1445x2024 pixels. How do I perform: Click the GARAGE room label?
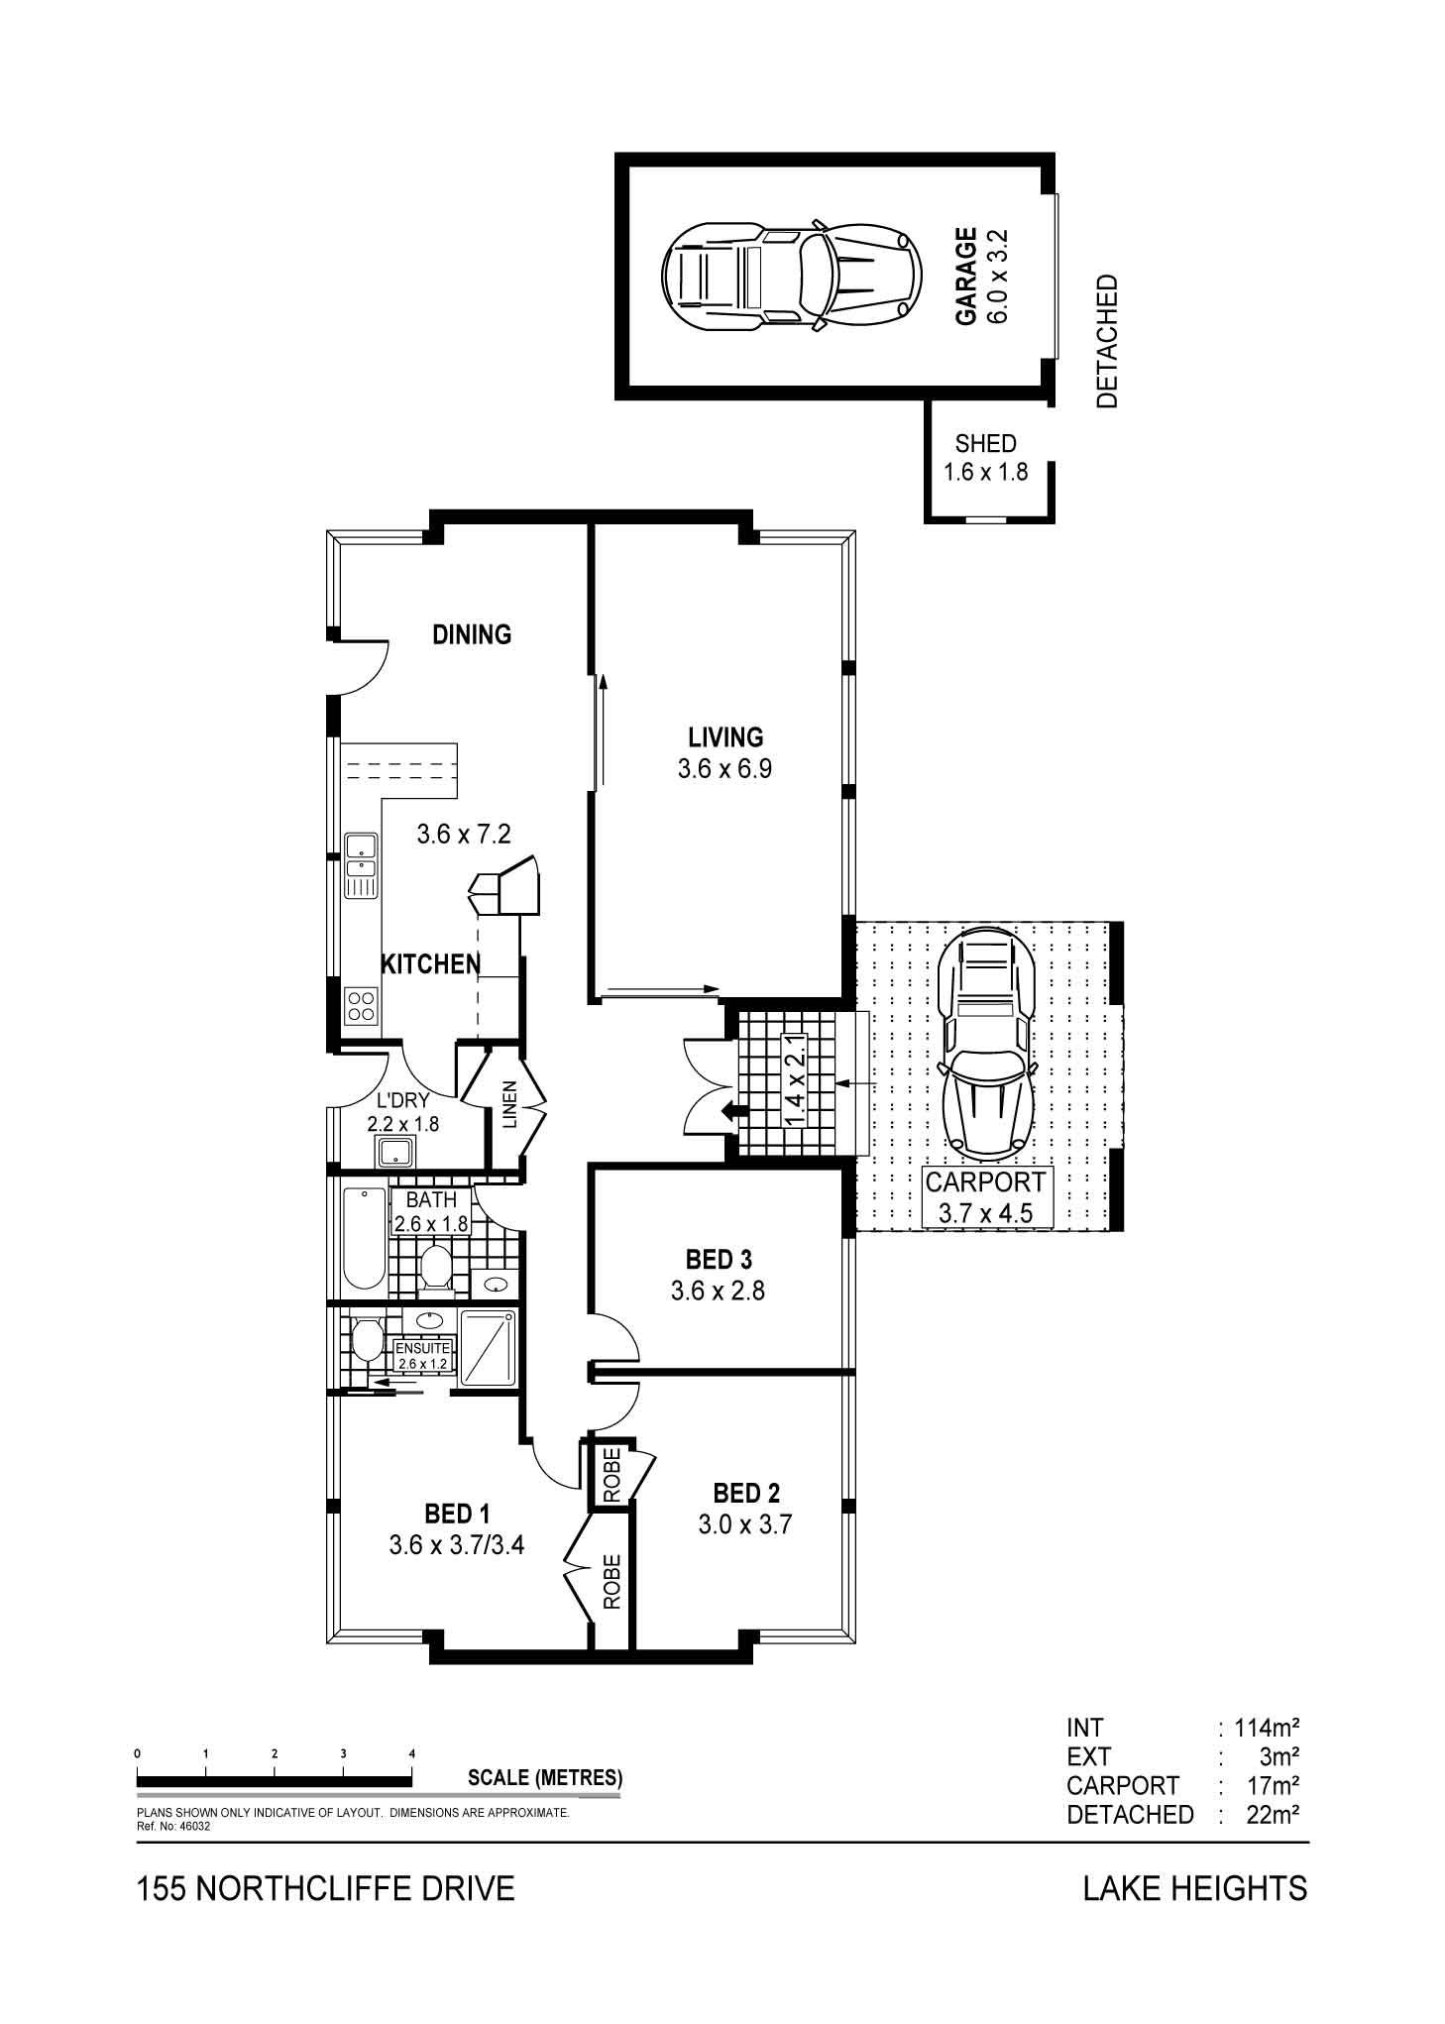pos(965,277)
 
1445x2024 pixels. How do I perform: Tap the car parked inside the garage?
pos(792,275)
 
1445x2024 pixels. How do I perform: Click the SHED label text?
pos(985,444)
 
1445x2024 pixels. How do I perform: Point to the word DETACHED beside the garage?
pos(1107,341)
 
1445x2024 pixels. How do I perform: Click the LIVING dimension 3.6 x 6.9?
pos(725,768)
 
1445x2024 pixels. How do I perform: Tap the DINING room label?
pos(472,633)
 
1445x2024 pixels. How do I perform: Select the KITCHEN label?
pos(431,962)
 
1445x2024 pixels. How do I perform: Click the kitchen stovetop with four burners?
pos(361,1006)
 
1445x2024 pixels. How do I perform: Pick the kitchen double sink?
pos(362,865)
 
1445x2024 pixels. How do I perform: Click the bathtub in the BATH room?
pos(364,1238)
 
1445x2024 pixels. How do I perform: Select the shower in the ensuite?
pos(489,1347)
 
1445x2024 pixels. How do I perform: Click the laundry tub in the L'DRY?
pos(396,1152)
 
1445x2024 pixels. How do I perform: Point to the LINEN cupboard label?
pos(509,1104)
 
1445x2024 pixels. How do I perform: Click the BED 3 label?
pos(719,1259)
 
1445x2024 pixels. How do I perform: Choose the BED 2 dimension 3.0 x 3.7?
pos(745,1523)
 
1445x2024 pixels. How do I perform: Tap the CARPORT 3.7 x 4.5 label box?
pos(985,1197)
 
